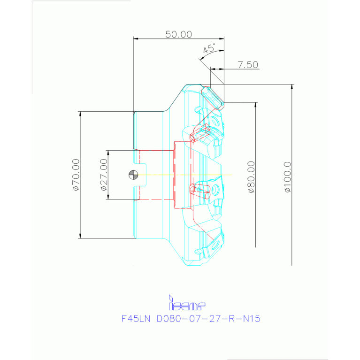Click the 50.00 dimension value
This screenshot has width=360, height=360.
[x=179, y=34]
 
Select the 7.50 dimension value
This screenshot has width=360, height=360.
[x=248, y=65]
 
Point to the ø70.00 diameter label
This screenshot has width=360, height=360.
[x=76, y=175]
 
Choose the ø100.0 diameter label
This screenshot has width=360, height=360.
[x=288, y=177]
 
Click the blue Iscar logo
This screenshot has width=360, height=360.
[x=187, y=304]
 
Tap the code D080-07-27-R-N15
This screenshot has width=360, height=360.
[x=208, y=319]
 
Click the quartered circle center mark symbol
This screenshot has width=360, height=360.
[x=134, y=175]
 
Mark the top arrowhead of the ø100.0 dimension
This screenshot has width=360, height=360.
[x=292, y=87]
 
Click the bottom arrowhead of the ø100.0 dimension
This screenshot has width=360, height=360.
[x=292, y=263]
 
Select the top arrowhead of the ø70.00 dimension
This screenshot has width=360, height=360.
[x=80, y=114]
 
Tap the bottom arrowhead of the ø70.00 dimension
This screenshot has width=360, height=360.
[x=80, y=236]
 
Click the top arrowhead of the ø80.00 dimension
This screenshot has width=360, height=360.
[x=255, y=105]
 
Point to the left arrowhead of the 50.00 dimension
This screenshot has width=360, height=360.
[x=136, y=39]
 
